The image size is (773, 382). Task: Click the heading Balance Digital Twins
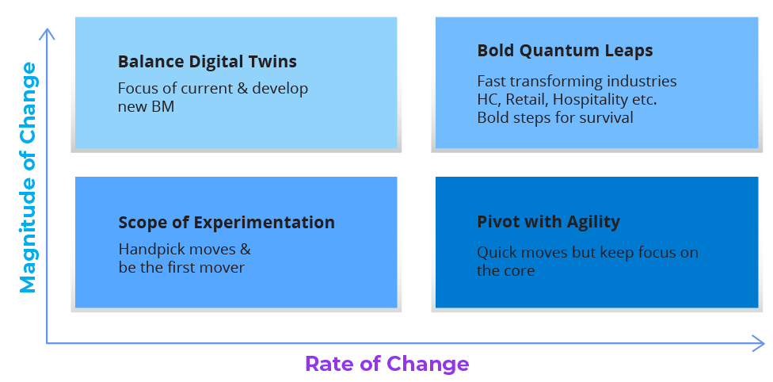coord(207,62)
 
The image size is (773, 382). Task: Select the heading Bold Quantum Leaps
coord(565,51)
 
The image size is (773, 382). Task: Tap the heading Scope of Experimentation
coord(227,223)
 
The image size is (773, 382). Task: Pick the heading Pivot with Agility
coord(548,222)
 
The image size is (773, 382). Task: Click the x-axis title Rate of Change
coord(387,364)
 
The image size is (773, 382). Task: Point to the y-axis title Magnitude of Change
coord(28,178)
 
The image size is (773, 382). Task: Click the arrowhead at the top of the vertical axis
coord(47,32)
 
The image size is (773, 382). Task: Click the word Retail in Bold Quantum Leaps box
coord(527,99)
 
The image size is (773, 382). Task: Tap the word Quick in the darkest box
coord(497,253)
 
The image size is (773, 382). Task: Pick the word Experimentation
coord(265,223)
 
